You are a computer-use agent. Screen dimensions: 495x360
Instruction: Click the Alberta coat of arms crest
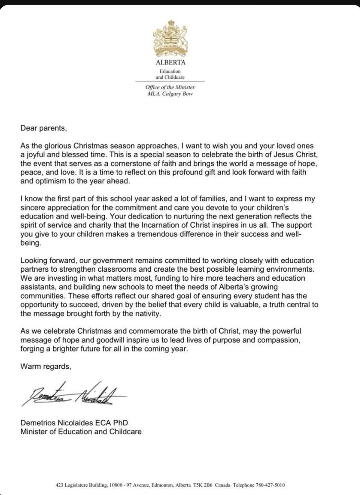pyautogui.click(x=170, y=39)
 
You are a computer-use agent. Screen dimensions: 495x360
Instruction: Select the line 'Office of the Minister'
pyautogui.click(x=170, y=87)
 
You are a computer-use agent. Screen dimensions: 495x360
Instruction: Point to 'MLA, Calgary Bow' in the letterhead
pyautogui.click(x=170, y=94)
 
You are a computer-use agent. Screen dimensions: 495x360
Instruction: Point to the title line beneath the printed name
pyautogui.click(x=81, y=431)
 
